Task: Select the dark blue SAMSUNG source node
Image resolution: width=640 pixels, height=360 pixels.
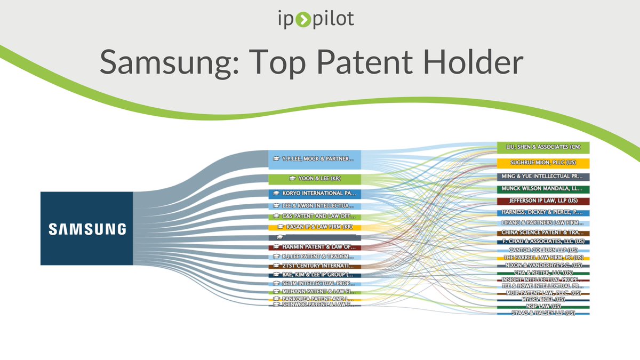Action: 86,228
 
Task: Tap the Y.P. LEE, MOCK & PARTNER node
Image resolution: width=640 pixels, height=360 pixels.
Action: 315,159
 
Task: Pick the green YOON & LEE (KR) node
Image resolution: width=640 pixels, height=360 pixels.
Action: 315,178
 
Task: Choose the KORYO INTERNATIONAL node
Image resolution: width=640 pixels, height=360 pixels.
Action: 315,193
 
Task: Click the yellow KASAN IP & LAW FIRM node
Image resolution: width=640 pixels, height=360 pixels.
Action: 315,227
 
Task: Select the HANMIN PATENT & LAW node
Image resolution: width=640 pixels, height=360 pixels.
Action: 315,247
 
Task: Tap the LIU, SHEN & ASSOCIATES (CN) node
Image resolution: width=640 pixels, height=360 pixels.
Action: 543,147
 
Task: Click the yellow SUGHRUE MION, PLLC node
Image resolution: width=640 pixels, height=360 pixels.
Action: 543,163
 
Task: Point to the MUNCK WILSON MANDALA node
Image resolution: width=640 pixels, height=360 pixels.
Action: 543,189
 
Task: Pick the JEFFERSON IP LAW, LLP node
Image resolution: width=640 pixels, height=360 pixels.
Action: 543,201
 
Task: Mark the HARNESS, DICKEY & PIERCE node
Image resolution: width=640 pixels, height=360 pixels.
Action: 543,212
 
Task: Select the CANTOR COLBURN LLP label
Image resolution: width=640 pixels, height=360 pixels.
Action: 543,250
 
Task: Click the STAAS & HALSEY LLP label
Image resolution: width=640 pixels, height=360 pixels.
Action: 543,313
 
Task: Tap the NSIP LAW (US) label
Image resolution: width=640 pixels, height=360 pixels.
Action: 543,306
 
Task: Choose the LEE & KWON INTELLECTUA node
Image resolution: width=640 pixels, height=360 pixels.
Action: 315,205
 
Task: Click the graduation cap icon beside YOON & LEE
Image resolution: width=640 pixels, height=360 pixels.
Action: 292,178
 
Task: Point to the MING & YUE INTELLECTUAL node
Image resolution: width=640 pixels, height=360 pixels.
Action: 543,176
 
